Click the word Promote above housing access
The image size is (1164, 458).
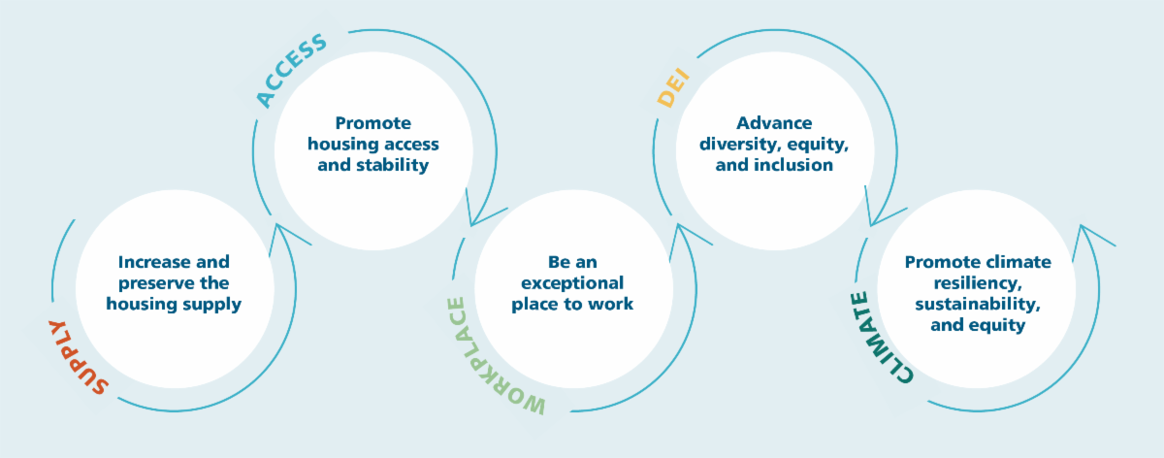373,123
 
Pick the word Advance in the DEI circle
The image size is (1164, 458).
773,123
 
